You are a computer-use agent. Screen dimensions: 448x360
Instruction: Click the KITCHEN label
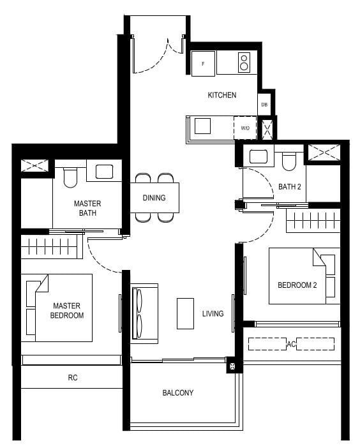221,95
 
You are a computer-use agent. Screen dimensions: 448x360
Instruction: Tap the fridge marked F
204,64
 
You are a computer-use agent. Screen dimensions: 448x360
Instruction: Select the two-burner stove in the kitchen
243,63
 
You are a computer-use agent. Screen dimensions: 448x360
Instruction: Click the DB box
264,104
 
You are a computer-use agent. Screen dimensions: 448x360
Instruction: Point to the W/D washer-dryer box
245,128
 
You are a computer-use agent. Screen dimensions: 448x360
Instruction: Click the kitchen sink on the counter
202,126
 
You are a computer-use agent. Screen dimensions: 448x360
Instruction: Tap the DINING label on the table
154,198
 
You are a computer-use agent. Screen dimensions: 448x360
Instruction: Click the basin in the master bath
103,171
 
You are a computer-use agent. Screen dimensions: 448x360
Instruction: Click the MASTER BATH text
87,208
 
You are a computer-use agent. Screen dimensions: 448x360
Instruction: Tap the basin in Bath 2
259,156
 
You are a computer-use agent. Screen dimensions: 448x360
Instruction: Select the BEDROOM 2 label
297,285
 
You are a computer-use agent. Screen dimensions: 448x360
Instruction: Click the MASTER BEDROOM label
68,311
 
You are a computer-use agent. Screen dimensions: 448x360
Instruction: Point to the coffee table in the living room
185,313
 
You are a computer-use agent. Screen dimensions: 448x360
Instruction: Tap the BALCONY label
177,392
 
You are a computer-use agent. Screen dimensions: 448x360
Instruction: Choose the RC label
73,378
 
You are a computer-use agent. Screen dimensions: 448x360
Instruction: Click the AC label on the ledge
291,344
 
